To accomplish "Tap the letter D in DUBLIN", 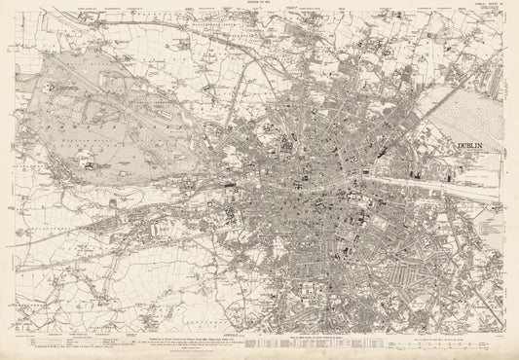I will (x=458, y=147).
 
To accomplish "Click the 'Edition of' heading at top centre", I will (x=259, y=4).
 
